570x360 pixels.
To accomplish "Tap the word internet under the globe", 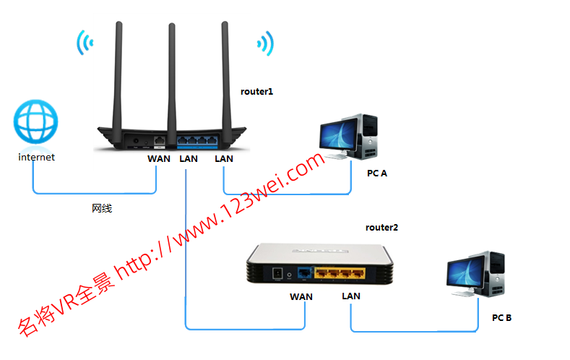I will (x=36, y=156).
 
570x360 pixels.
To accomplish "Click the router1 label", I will (x=257, y=92).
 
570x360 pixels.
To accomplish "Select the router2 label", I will (x=381, y=228).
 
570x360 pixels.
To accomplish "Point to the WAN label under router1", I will (x=159, y=158).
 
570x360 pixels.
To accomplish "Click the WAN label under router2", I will (x=302, y=296).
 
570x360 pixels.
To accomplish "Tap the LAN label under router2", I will (x=351, y=296).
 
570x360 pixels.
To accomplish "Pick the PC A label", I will (x=377, y=173).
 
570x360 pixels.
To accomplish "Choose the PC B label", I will (x=501, y=317).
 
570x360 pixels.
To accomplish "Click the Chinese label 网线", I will (x=102, y=208).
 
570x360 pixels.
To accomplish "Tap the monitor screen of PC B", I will (x=466, y=273).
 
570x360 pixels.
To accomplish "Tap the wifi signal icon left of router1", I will (x=85, y=43).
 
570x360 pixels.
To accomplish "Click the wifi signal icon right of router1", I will (x=265, y=43).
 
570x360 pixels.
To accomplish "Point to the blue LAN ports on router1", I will (x=197, y=139).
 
